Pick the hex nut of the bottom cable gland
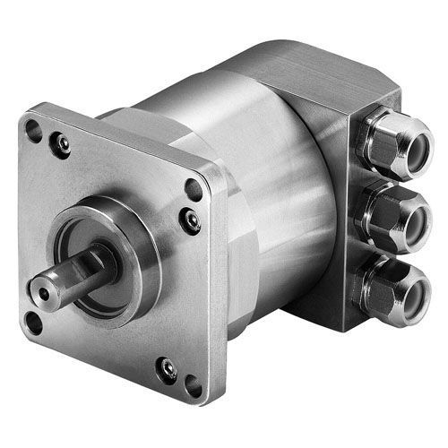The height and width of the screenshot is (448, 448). pos(371,285)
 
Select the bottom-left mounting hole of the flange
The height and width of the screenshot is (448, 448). pos(34,322)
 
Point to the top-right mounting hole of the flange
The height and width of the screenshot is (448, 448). pos(193,190)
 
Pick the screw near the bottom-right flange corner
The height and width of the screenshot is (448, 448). pos(167,367)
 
